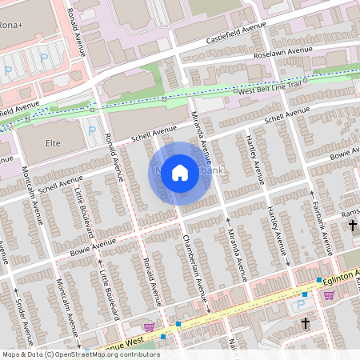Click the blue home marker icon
pyautogui.click(x=180, y=173)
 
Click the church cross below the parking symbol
pyautogui.click(x=305, y=324)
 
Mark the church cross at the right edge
pyautogui.click(x=353, y=226)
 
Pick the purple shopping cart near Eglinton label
pyautogui.click(x=329, y=294)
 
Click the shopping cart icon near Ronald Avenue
pyautogui.click(x=148, y=326)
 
